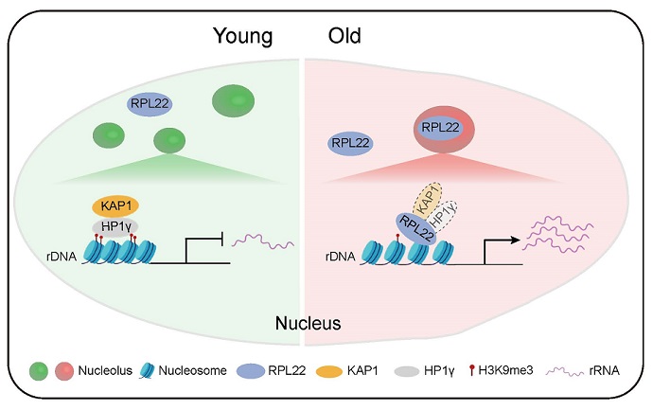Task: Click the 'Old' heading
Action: click(343, 37)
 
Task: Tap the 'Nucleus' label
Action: click(308, 324)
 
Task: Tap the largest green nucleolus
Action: click(238, 100)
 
